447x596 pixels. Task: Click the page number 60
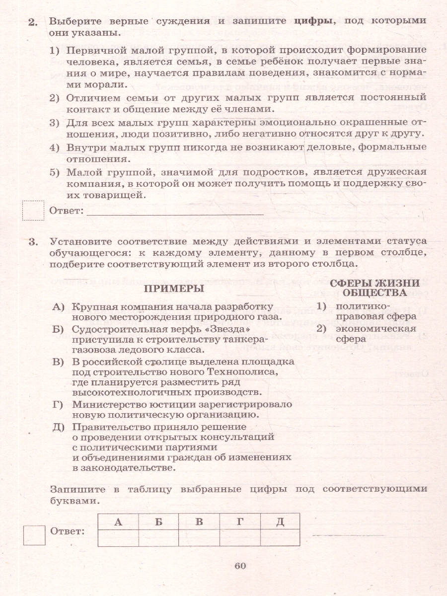click(x=240, y=566)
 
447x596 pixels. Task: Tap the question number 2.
click(x=33, y=21)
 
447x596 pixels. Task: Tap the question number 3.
click(x=33, y=242)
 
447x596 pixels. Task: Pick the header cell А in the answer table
click(x=118, y=521)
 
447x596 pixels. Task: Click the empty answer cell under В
click(x=199, y=538)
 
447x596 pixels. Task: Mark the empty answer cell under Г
click(x=239, y=538)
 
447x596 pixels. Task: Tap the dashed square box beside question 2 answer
click(x=34, y=210)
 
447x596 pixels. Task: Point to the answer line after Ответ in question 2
click(x=175, y=213)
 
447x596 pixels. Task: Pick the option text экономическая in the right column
click(x=375, y=329)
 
